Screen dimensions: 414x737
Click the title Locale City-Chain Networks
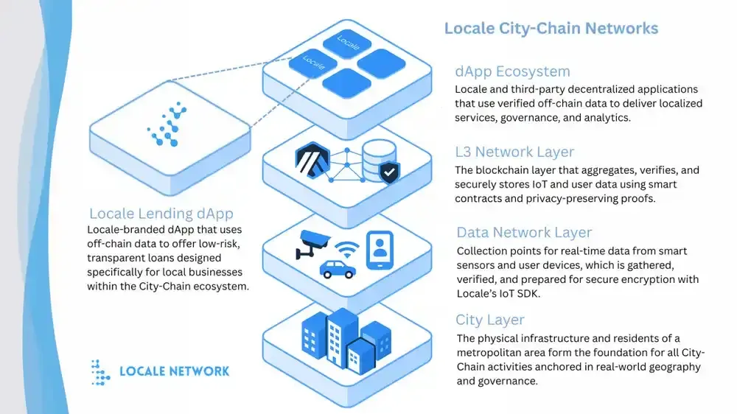[551, 29]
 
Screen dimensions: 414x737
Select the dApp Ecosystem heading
[512, 71]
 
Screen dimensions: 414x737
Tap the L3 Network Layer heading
[514, 152]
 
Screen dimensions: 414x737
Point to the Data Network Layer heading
[524, 233]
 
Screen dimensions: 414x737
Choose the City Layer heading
[490, 320]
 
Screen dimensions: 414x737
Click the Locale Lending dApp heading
[161, 214]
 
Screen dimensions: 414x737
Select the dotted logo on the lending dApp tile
[168, 126]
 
